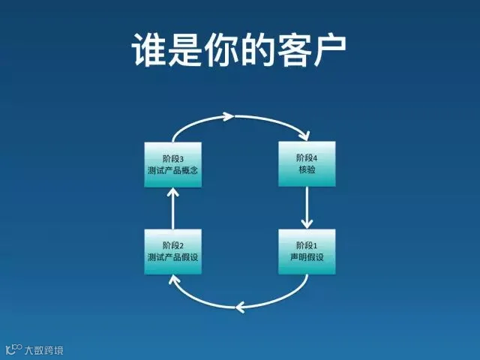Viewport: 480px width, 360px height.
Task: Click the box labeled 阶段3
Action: point(173,163)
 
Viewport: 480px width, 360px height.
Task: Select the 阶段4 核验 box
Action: point(307,163)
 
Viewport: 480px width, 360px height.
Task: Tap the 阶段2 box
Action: point(173,252)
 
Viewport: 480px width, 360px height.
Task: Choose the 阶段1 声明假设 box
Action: point(307,252)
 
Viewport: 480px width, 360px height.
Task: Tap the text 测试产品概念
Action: point(173,170)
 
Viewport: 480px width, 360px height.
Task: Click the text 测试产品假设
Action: point(173,259)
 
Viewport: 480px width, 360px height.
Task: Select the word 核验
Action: point(307,170)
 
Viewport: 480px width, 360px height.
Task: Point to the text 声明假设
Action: point(307,259)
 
